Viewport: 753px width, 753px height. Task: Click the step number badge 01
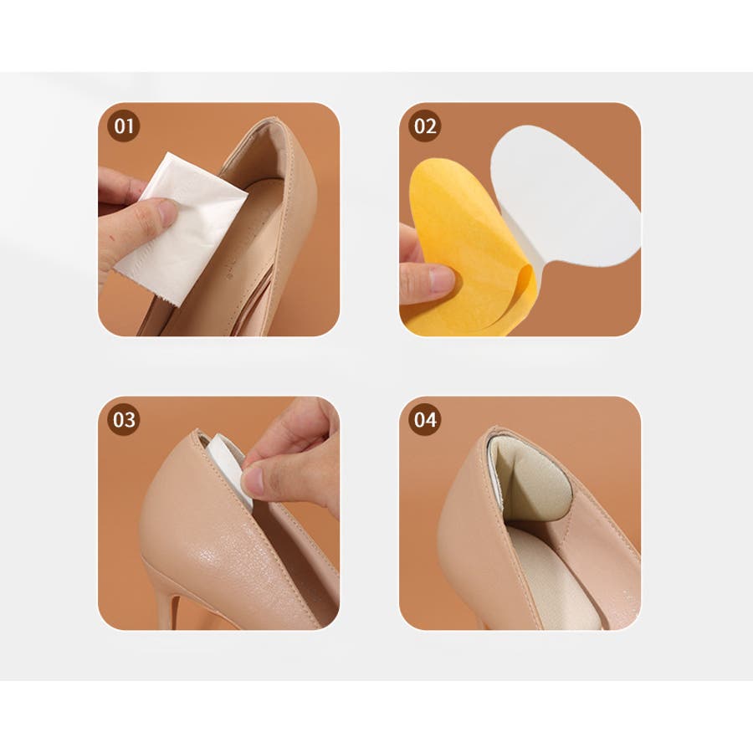[x=124, y=125]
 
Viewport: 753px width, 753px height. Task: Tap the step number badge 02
[x=424, y=125]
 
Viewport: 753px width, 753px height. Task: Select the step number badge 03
[x=124, y=419]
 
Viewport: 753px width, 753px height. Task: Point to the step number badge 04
[x=424, y=419]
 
